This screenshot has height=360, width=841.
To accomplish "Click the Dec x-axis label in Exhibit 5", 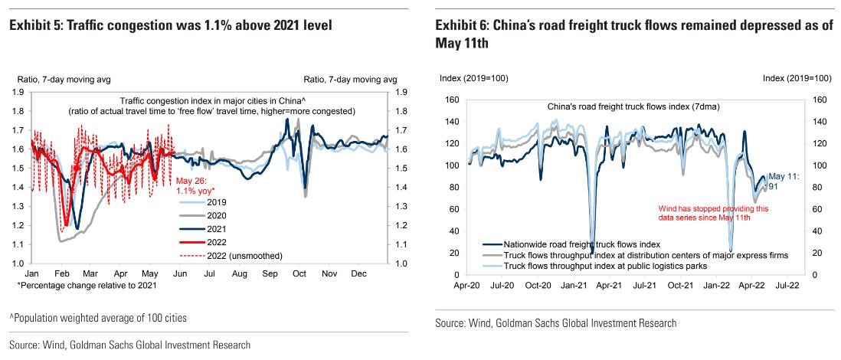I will [x=357, y=273].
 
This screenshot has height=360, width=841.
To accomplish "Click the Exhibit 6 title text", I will [x=633, y=34].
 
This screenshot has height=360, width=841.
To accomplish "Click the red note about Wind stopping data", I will [x=714, y=213].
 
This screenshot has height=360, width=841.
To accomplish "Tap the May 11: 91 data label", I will [x=784, y=180].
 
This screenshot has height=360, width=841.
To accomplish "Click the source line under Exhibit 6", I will [x=556, y=323].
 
